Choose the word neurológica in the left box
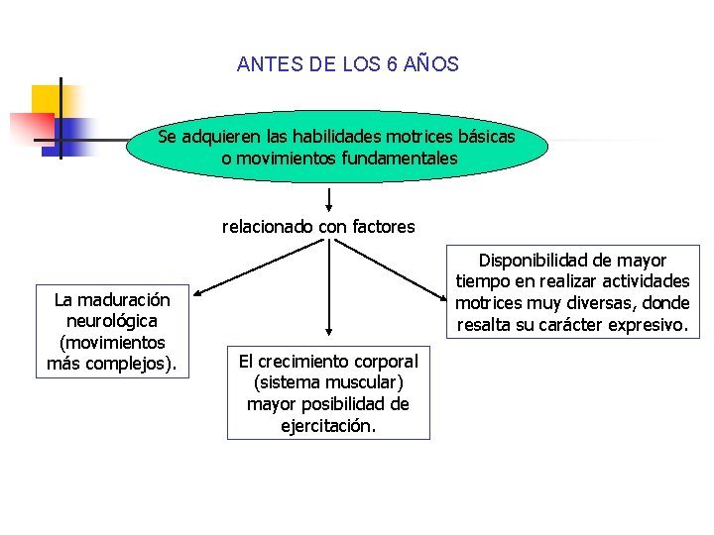[112, 321]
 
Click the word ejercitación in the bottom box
[327, 426]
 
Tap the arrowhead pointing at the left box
[197, 294]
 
